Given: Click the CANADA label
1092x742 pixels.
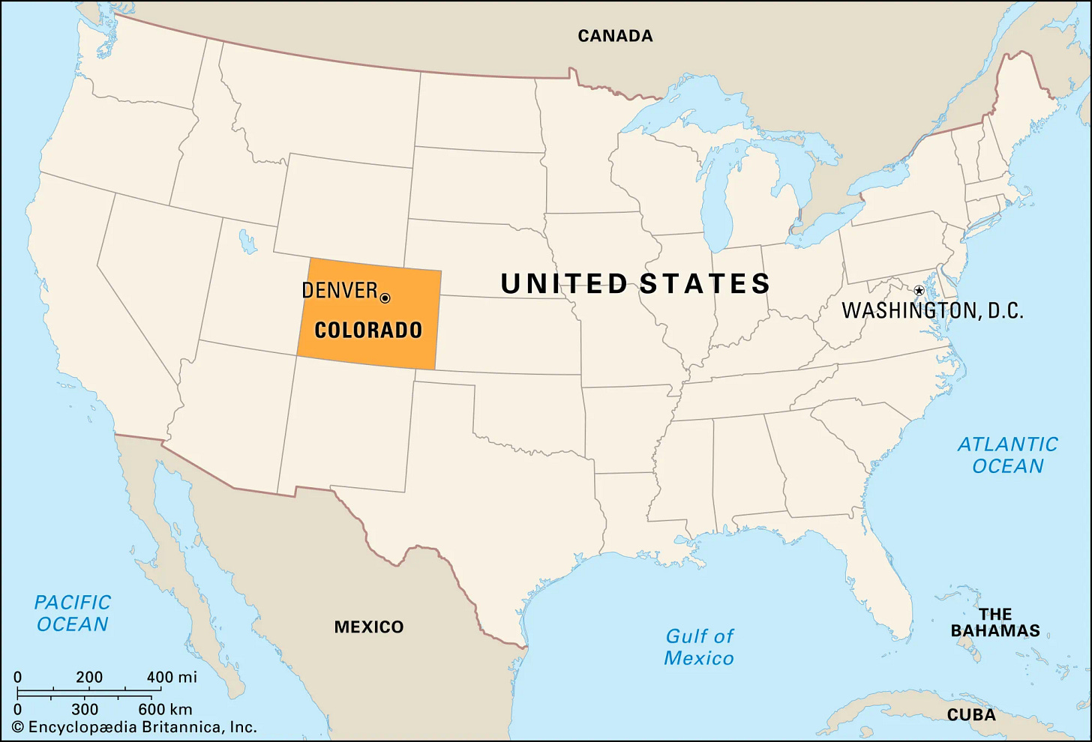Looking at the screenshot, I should [615, 35].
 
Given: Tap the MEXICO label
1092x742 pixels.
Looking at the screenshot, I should [368, 627].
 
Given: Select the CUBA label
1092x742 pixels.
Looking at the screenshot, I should [971, 714].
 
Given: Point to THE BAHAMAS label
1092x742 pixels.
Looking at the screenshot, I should [995, 623].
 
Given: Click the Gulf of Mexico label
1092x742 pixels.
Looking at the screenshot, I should [699, 647].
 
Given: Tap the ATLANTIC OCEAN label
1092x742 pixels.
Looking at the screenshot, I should [1007, 455].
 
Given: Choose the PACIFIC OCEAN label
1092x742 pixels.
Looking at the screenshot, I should [73, 613].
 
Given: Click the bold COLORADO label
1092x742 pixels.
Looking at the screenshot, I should [368, 330].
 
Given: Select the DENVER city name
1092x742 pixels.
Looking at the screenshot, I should [339, 291].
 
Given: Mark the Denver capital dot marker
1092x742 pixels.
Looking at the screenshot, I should [385, 298].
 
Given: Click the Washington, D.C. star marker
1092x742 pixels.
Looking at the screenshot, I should [919, 290].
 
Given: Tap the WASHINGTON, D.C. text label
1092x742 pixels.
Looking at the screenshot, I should [932, 310].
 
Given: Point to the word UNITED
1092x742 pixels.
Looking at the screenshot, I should [564, 283].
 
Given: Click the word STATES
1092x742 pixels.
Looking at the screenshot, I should [705, 283].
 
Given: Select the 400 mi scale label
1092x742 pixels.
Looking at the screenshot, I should [172, 678].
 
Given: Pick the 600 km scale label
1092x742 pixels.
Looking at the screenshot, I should [165, 709].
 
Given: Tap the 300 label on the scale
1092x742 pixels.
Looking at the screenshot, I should [85, 709].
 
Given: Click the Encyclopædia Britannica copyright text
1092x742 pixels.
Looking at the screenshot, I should [134, 727].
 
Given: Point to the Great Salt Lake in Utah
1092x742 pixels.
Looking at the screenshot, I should [247, 241].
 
